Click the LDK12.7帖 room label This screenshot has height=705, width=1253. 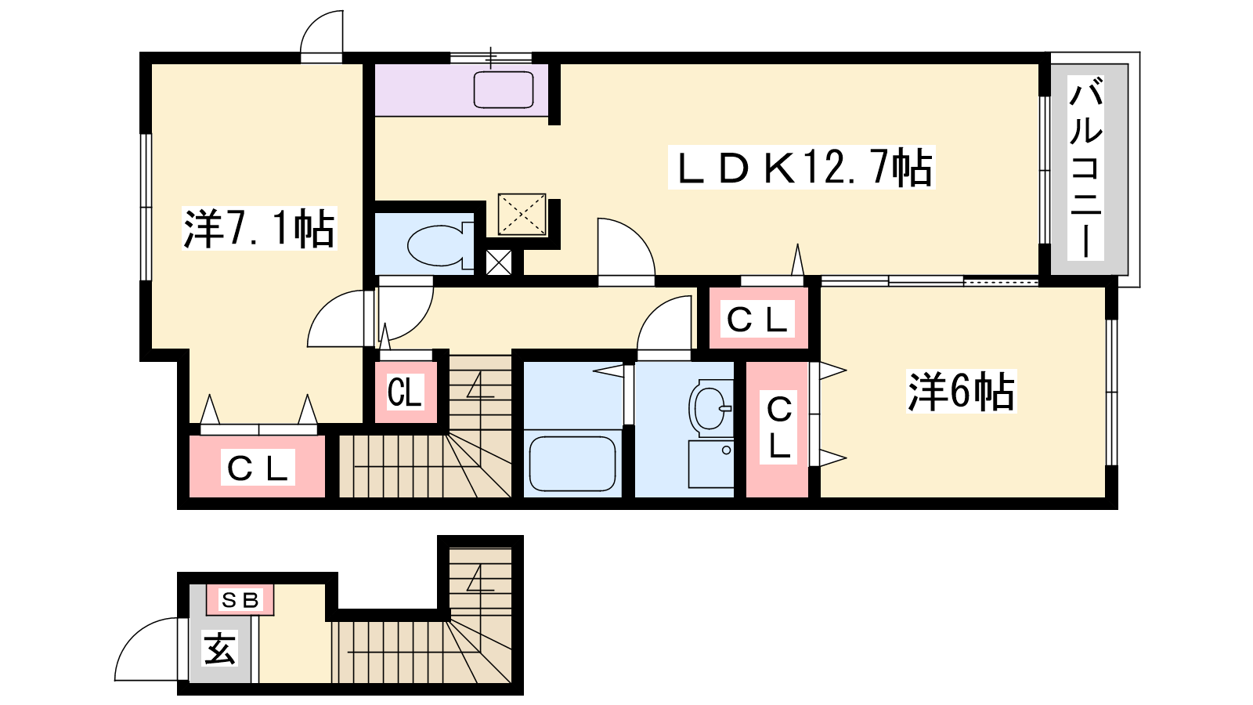(x=801, y=168)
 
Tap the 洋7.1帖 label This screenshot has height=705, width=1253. (x=259, y=228)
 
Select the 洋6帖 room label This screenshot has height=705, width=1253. (x=961, y=392)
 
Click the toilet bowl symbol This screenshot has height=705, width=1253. (x=439, y=245)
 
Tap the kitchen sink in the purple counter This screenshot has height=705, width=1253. (x=504, y=89)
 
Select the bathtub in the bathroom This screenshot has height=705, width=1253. (x=572, y=464)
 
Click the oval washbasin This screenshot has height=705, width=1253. (x=710, y=408)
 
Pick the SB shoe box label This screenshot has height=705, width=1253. (x=240, y=600)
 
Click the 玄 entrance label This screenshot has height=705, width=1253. (x=220, y=649)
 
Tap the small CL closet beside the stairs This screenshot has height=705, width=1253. (x=405, y=392)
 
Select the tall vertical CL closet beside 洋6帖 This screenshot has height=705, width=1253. (x=778, y=429)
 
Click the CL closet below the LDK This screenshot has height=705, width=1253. (x=758, y=318)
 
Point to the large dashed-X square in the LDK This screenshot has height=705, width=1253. (x=522, y=215)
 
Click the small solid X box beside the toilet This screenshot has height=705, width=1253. (x=498, y=262)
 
